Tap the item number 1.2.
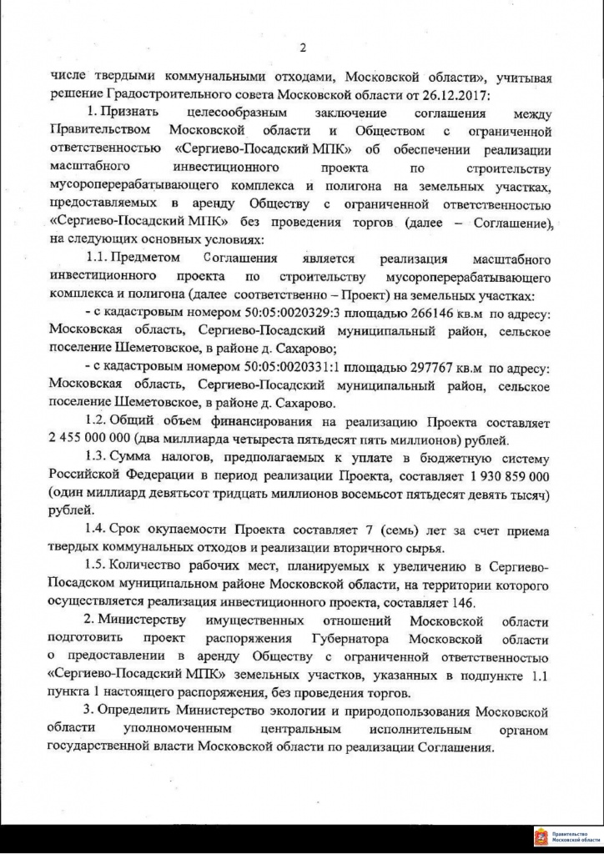97,422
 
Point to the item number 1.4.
97,530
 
